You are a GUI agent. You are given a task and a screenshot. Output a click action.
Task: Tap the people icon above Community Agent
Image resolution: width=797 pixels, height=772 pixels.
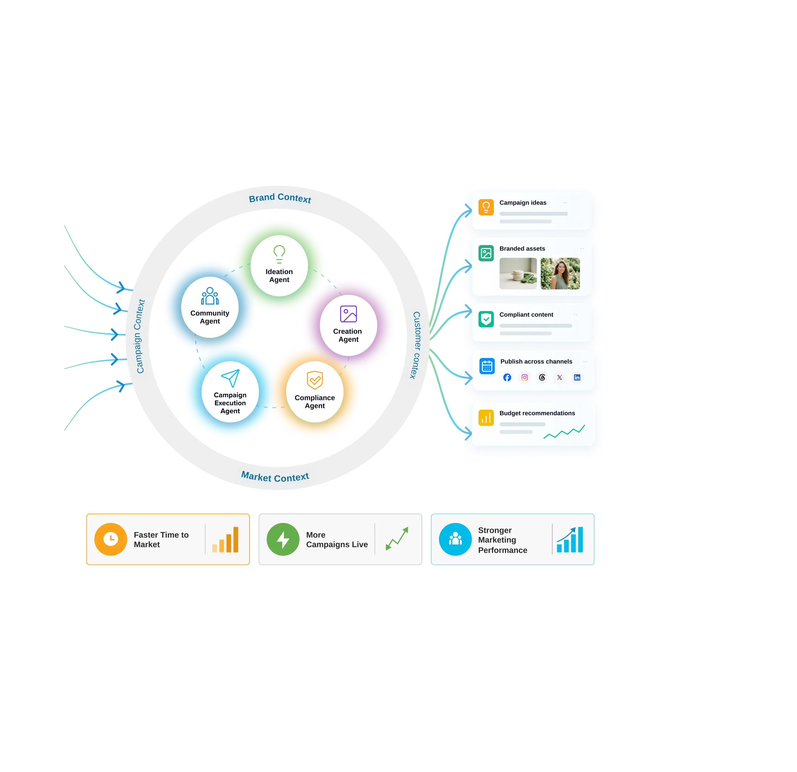(x=210, y=296)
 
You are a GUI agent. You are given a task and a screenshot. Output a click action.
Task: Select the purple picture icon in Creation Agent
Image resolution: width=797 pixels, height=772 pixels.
(x=349, y=314)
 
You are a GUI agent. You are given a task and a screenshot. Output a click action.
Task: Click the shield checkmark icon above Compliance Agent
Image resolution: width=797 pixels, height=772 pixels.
(x=315, y=380)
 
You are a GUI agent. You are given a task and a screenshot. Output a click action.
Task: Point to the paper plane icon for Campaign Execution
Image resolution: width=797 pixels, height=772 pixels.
(x=230, y=378)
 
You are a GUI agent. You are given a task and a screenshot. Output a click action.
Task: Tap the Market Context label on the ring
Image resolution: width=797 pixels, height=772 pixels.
(x=275, y=476)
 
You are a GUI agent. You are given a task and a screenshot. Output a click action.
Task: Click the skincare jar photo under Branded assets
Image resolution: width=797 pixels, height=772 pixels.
(x=518, y=274)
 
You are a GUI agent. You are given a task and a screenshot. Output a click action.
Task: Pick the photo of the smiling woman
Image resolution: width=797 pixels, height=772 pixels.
(x=560, y=274)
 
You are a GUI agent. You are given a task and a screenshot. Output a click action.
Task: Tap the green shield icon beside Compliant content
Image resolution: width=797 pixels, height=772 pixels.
(x=486, y=319)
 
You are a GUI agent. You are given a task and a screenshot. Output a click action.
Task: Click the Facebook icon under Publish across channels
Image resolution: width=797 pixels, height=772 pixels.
(x=507, y=378)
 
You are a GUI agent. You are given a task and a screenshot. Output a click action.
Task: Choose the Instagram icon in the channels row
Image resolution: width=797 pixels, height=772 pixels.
(x=524, y=378)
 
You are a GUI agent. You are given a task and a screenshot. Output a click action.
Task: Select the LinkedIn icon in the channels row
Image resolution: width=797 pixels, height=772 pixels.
(x=577, y=378)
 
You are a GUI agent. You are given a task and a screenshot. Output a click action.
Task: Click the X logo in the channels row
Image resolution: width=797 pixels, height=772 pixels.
(x=559, y=378)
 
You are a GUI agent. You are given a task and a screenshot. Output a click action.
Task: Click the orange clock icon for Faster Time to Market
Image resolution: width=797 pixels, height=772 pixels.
(x=111, y=539)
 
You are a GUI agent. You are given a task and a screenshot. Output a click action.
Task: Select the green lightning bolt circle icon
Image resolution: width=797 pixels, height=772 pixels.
(x=283, y=539)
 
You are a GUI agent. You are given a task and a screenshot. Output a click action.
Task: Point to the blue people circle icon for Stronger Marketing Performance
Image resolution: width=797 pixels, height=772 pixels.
(x=455, y=539)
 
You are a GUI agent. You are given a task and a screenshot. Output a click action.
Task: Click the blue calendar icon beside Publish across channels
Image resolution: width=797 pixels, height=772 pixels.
(x=487, y=366)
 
